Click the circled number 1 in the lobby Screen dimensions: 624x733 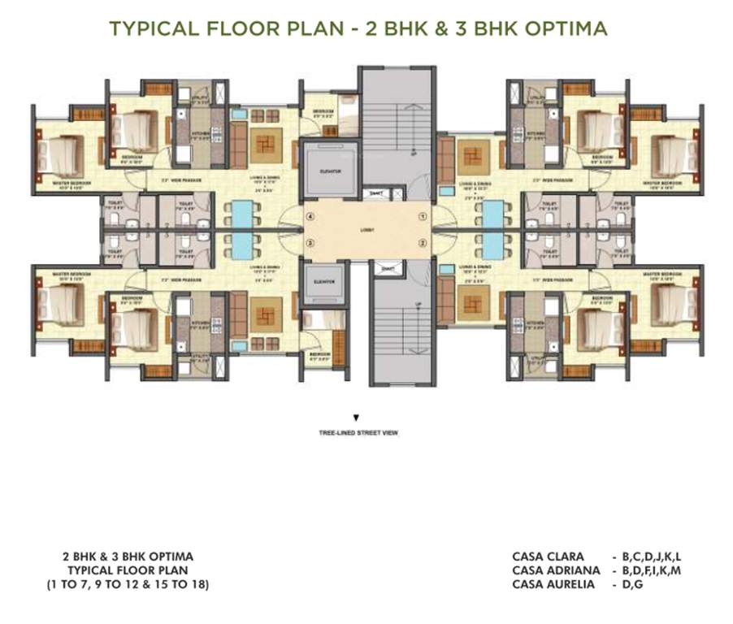423,217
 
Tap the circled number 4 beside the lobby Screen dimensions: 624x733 310,217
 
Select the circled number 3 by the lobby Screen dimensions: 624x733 310,243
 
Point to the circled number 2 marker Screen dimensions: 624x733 423,243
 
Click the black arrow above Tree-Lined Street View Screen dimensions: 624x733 356,418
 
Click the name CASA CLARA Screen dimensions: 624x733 548,557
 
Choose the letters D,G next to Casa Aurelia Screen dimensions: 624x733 633,584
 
